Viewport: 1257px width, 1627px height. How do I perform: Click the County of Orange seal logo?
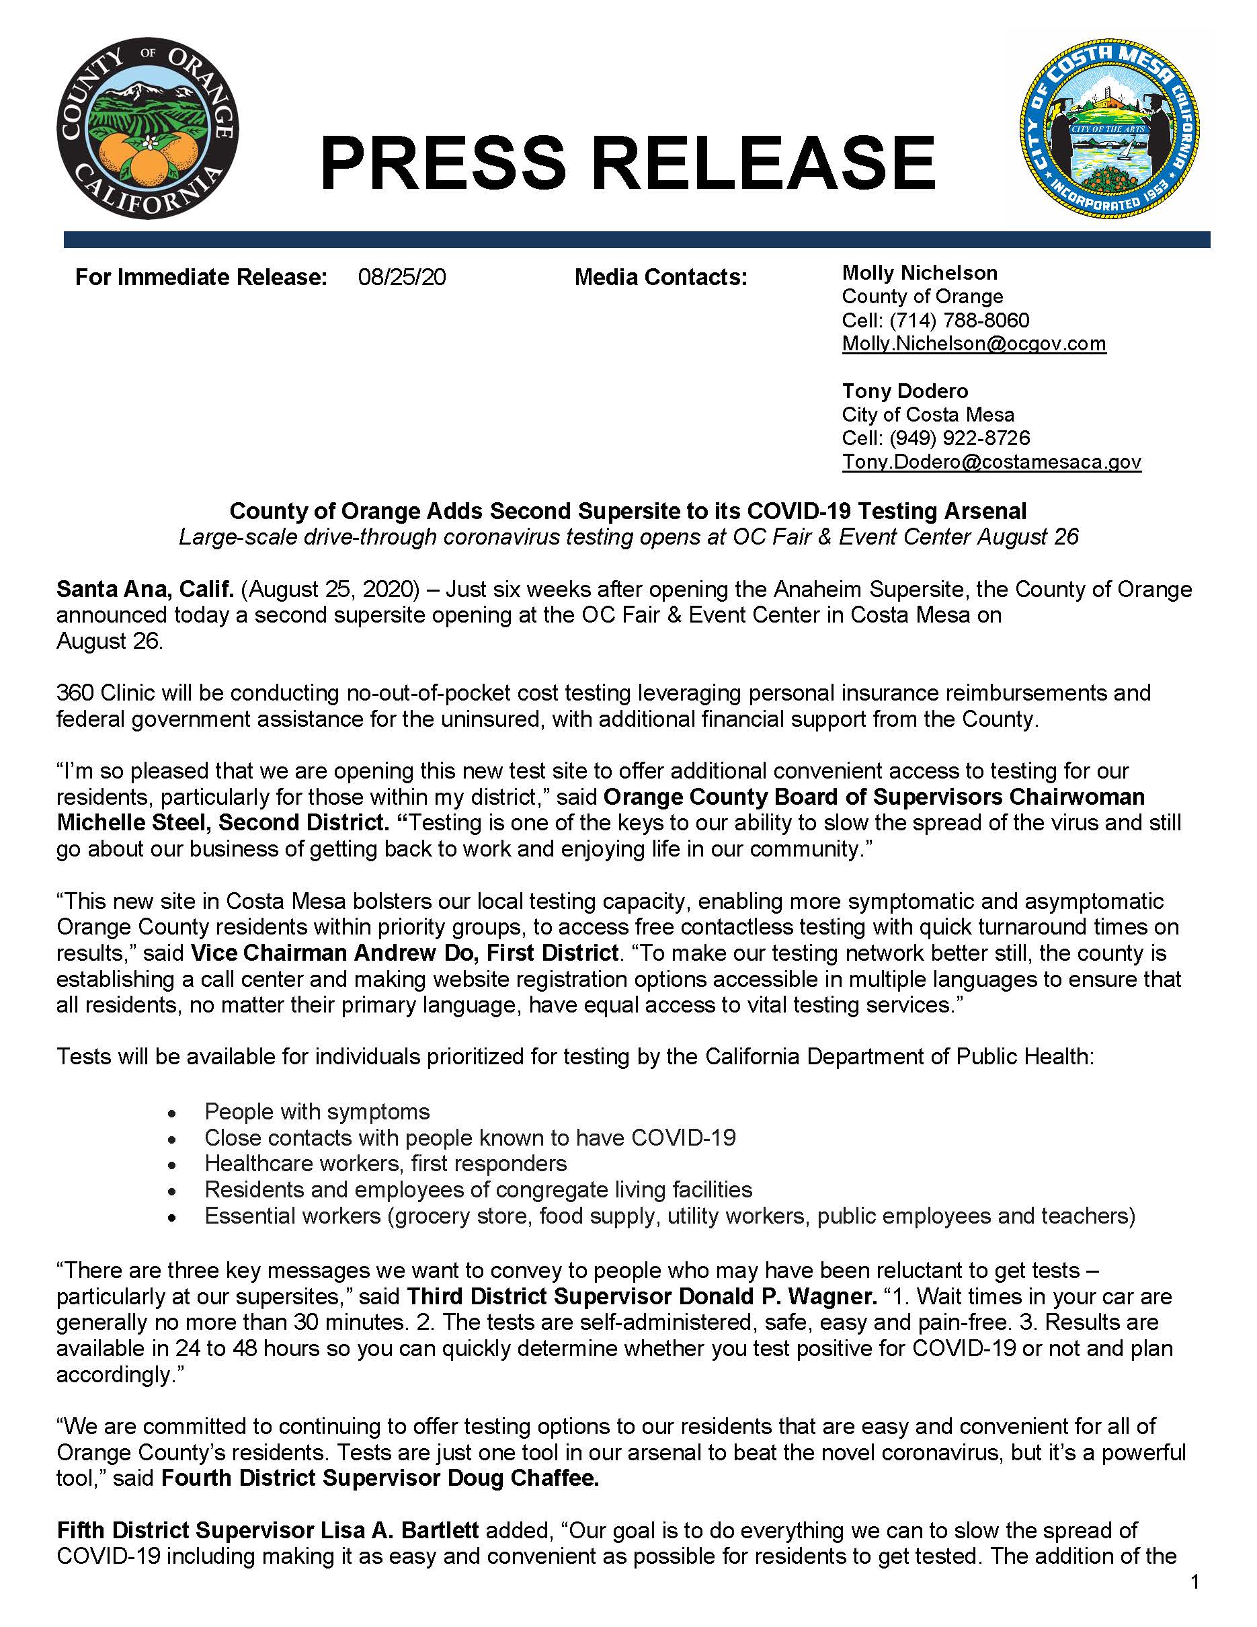point(147,130)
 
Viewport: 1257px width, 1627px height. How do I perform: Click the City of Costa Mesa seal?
point(1109,129)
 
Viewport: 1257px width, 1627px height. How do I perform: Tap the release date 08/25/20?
point(401,277)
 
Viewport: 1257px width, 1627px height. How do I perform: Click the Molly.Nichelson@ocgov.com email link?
point(973,344)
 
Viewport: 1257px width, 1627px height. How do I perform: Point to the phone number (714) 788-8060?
point(959,320)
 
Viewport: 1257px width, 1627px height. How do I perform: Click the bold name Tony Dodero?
point(905,391)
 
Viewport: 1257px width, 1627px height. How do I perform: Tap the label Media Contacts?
point(660,277)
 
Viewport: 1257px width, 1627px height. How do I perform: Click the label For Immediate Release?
point(201,277)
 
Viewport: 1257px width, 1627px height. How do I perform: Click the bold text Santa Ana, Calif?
point(145,589)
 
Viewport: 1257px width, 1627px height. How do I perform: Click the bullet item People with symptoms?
point(317,1111)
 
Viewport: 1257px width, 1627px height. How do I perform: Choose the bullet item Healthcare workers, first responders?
point(385,1163)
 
